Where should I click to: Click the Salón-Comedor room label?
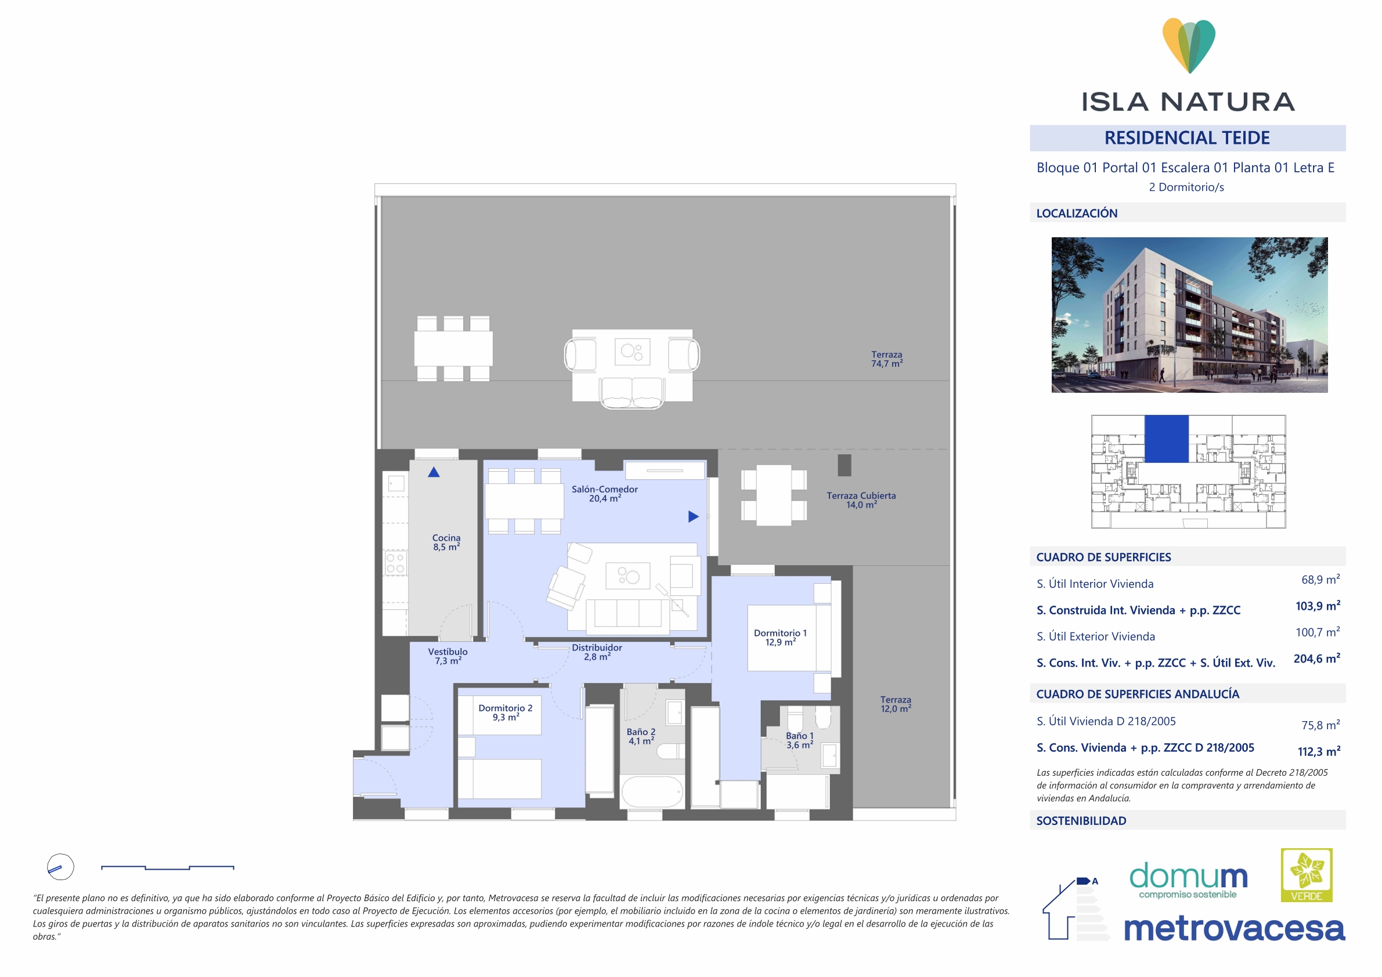(x=604, y=494)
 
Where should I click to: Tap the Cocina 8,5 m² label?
(x=446, y=542)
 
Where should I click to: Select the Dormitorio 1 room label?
(x=780, y=638)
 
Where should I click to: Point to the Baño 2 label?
(x=641, y=736)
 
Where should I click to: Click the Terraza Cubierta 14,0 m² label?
(x=861, y=500)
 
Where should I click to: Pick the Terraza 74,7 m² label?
(x=887, y=359)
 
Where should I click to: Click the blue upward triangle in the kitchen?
(x=434, y=472)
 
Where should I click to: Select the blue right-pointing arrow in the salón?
(x=694, y=516)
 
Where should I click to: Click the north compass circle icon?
(x=60, y=867)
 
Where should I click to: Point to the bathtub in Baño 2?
(x=652, y=791)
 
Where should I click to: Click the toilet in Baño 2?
(x=670, y=751)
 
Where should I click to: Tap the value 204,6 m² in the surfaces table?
(x=1317, y=658)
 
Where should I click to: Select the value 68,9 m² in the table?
(x=1320, y=580)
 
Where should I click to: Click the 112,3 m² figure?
(x=1319, y=751)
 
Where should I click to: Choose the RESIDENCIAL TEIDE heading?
(x=1187, y=137)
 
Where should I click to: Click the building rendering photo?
(x=1189, y=314)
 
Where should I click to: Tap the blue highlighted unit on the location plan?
(x=1167, y=439)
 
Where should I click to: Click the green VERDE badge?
(x=1306, y=875)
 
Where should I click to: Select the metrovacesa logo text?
(x=1234, y=928)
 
